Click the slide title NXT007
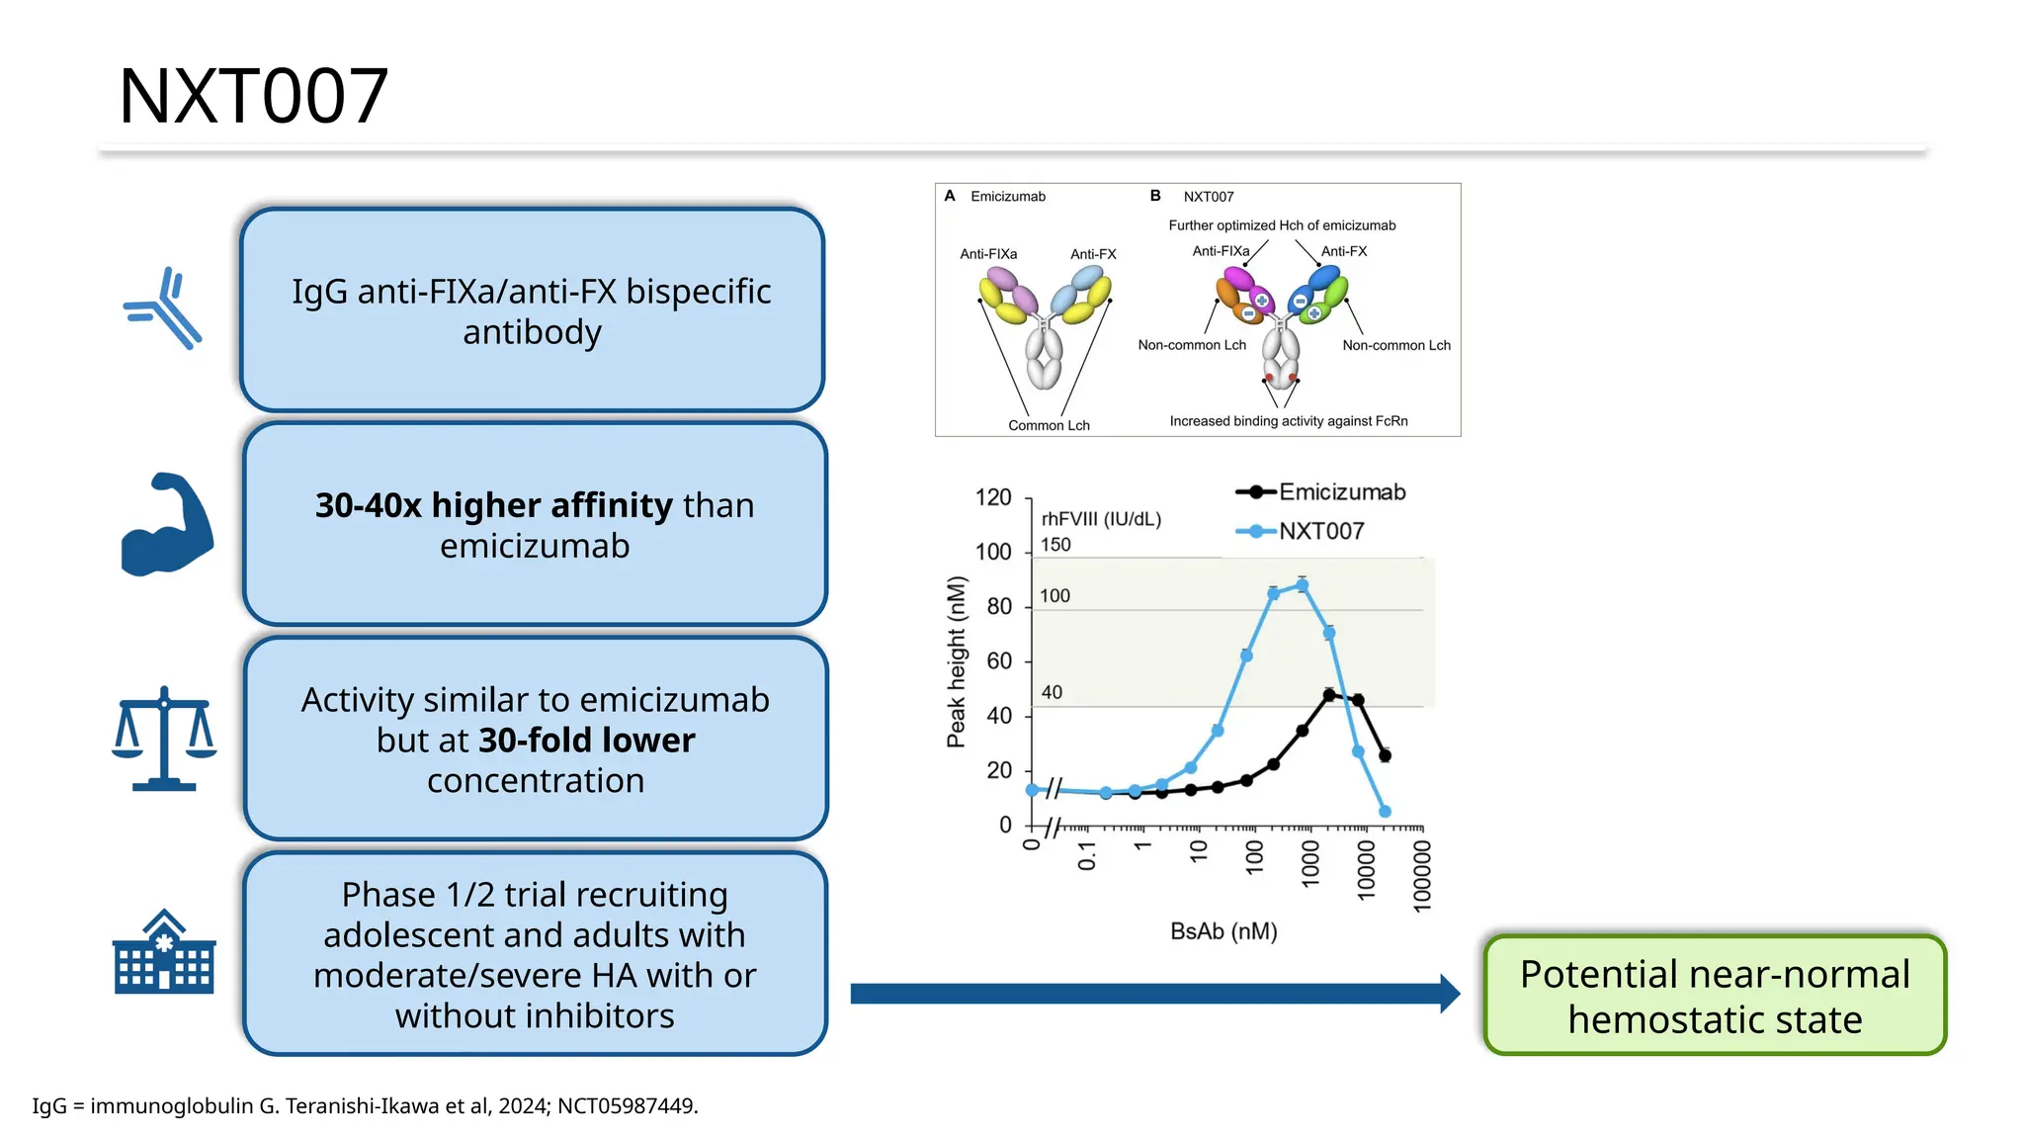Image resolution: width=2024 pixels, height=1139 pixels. (254, 96)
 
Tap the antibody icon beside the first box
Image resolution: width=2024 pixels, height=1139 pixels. (164, 308)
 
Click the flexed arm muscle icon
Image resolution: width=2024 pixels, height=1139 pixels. (166, 525)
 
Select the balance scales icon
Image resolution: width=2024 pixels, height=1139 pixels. (164, 739)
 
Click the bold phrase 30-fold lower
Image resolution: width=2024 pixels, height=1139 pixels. (587, 741)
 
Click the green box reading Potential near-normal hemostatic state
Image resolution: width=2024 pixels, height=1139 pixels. (1715, 996)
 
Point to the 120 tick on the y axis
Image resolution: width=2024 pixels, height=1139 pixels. (993, 497)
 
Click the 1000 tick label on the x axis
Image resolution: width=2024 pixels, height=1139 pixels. (1310, 863)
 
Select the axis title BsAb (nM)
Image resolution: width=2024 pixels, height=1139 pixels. (1223, 931)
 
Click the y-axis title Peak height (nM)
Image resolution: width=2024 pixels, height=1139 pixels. (956, 661)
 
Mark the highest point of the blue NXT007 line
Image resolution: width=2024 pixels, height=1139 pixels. (1303, 585)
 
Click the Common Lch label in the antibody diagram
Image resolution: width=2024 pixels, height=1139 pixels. (1049, 425)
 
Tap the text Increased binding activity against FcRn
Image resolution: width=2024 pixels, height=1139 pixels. (1288, 421)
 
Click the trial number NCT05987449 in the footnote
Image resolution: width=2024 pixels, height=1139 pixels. (626, 1106)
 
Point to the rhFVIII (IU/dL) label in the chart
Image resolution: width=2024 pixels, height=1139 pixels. (1101, 519)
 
